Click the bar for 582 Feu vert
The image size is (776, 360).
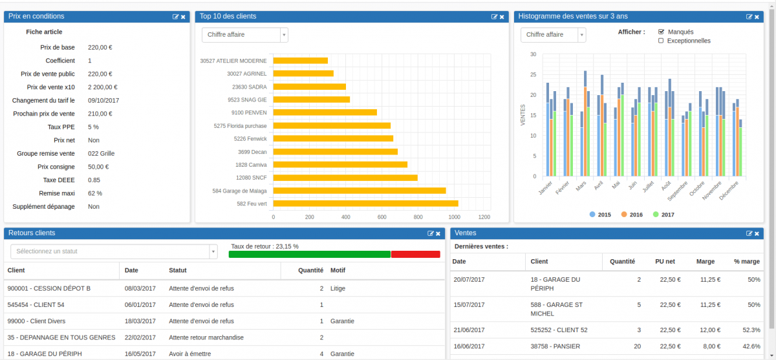365,204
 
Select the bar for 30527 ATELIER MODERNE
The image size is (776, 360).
300,61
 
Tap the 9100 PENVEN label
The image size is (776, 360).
249,112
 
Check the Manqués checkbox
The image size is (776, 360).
661,32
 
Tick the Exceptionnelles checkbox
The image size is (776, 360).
661,41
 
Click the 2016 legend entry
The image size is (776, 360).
631,215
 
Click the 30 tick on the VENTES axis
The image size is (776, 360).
533,54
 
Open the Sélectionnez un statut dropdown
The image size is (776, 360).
114,251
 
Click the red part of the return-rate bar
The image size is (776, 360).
415,255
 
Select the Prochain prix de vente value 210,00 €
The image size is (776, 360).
100,114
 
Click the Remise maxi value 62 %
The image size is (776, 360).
95,193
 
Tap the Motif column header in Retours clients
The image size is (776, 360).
338,270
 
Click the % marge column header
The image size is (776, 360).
747,262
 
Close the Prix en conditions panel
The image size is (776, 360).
183,17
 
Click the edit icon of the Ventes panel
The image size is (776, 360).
749,233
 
